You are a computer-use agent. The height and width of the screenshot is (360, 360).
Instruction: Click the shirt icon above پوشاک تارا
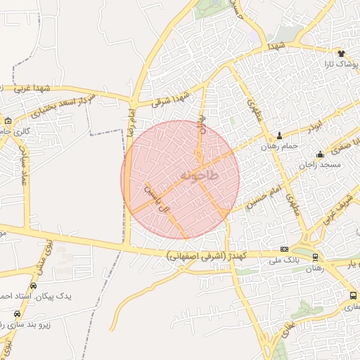coord(342,53)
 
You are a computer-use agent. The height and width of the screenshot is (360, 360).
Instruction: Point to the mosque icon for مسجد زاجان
coord(321,155)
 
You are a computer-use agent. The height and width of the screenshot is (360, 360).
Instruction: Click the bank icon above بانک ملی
coord(284,250)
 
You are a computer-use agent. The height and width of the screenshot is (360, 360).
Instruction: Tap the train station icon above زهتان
coord(315,257)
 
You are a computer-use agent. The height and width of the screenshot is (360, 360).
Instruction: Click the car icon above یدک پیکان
coord(34,285)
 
